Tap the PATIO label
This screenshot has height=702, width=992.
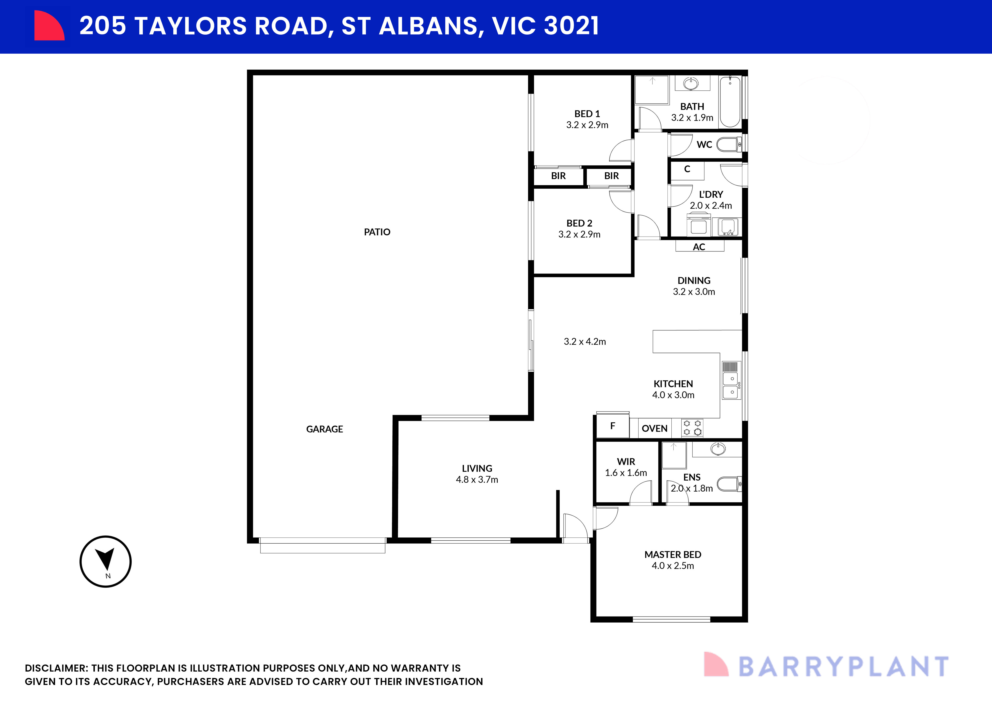(x=377, y=232)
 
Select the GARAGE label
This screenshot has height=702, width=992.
(x=325, y=429)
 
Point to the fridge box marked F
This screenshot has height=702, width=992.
(x=612, y=426)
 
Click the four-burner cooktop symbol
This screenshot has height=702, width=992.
(x=692, y=428)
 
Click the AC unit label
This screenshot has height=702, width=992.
(x=699, y=247)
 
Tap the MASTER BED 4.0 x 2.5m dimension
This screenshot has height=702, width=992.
(x=673, y=566)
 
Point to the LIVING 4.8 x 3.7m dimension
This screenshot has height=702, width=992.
(x=477, y=479)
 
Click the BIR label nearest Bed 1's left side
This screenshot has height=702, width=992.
(x=558, y=176)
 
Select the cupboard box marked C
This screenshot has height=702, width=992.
(x=687, y=169)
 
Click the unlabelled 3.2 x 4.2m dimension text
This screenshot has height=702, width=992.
(x=585, y=342)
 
